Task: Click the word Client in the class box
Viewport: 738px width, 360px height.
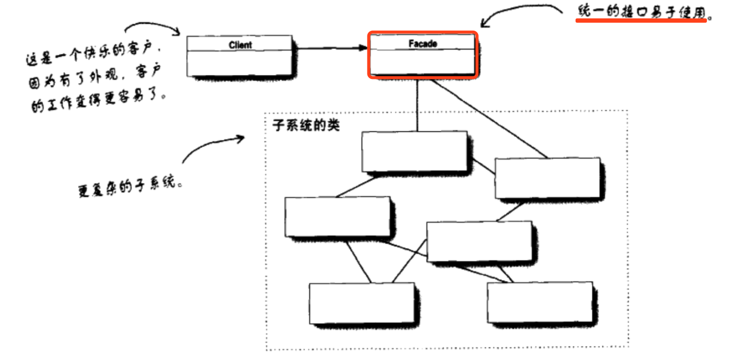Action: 240,45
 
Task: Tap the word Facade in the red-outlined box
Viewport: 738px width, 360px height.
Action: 422,44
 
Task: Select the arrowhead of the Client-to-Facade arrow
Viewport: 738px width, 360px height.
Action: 363,48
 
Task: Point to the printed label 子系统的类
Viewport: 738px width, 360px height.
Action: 306,124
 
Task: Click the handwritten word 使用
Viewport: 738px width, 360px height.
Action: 692,13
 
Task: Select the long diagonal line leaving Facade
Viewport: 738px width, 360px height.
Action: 488,118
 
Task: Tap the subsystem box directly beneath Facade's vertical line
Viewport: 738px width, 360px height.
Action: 414,151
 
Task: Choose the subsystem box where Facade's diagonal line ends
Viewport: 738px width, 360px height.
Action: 547,178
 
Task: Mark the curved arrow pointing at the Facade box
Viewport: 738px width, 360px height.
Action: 523,11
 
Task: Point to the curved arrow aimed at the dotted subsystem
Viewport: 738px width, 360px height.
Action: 211,146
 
